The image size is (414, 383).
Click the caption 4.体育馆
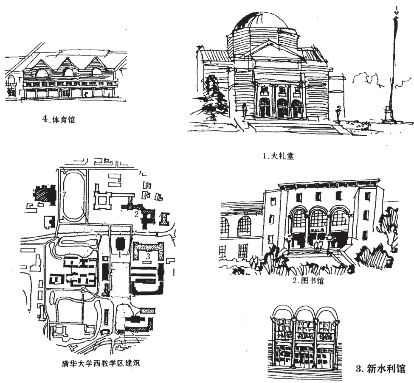(x=59, y=120)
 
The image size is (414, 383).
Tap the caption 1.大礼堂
(x=279, y=156)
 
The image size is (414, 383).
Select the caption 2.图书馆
(x=309, y=281)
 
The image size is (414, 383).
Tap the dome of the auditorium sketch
(x=255, y=26)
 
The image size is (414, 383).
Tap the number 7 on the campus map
(x=65, y=194)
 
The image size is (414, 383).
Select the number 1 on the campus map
(x=121, y=254)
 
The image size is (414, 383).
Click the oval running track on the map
(x=73, y=195)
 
